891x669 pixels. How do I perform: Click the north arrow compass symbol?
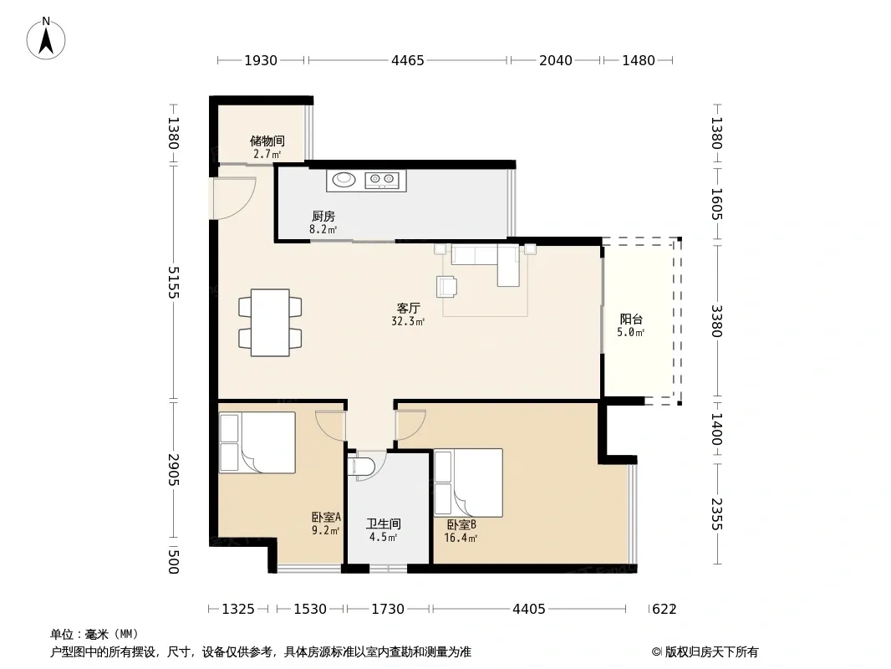pos(46,38)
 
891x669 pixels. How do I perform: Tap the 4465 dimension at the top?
pos(407,60)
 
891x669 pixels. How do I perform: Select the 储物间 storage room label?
pos(267,140)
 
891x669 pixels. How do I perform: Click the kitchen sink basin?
pos(344,180)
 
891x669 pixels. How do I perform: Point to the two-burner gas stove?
pos(382,180)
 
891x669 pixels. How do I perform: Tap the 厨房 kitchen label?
pos(323,216)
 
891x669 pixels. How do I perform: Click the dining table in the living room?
pos(270,323)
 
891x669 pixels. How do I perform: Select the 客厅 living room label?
pos(408,308)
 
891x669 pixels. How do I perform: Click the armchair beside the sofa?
pos(446,287)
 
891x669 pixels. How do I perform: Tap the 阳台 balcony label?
pos(631,319)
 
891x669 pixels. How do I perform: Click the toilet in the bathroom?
pos(362,466)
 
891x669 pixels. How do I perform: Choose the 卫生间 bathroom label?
pos(384,523)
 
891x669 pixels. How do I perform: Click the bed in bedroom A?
pos(257,442)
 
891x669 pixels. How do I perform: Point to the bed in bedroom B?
pos(468,483)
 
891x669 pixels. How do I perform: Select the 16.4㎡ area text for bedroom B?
pos(461,538)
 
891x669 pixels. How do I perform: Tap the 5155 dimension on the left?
pos(173,283)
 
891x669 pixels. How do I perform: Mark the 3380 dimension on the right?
pos(716,321)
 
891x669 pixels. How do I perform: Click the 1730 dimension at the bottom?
pos(388,610)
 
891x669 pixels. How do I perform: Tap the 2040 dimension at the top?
pos(556,60)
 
